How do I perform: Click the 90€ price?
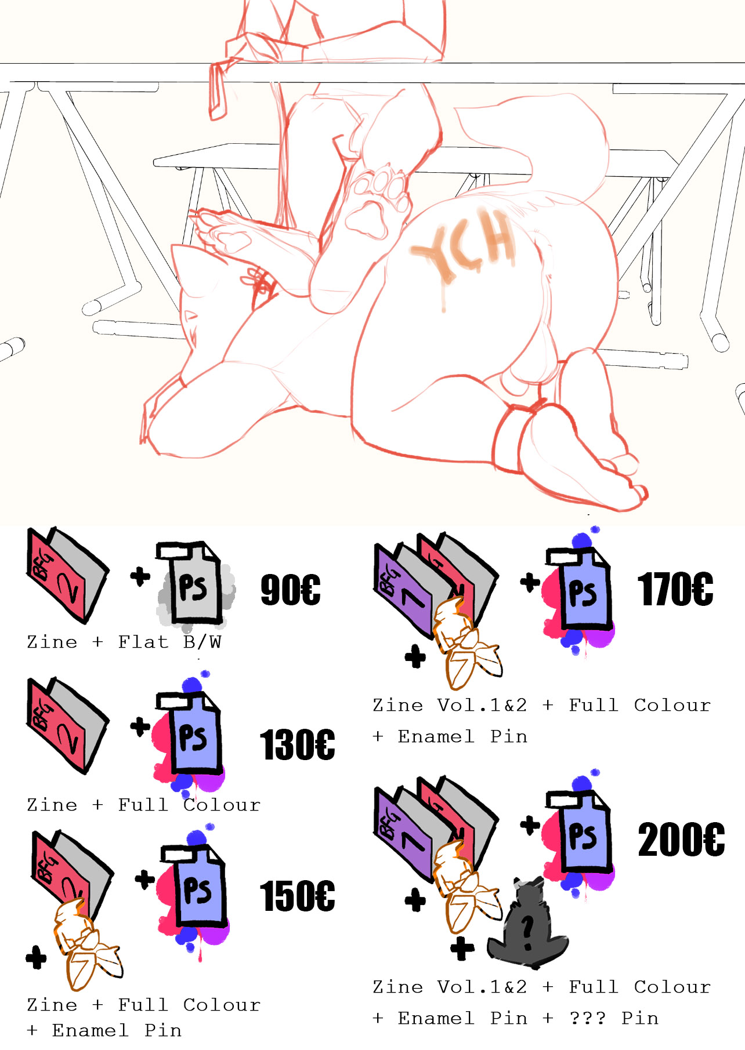(x=290, y=590)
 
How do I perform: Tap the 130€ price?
(x=297, y=744)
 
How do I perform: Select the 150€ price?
(x=297, y=896)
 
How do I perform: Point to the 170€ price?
(x=675, y=589)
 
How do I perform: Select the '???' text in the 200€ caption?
(x=588, y=1018)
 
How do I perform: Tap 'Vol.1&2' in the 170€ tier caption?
(x=482, y=705)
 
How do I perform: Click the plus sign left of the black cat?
(x=462, y=949)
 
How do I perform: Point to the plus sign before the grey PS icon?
(x=140, y=576)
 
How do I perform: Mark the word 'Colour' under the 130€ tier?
(x=222, y=805)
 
